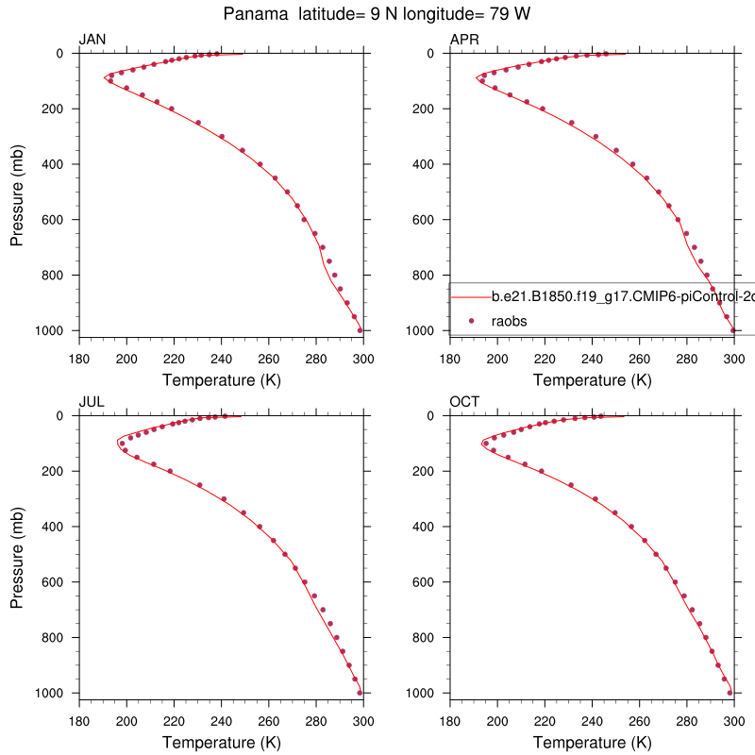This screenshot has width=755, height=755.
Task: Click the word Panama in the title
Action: (252, 14)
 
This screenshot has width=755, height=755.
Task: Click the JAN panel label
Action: (92, 39)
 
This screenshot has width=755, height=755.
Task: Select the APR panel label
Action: (464, 39)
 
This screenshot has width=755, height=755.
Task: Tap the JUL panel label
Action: (92, 401)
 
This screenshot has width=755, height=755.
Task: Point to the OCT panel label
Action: (464, 401)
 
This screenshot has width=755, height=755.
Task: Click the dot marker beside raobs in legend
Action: (470, 321)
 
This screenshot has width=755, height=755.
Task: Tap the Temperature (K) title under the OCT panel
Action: (593, 743)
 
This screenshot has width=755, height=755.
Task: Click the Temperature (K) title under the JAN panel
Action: (221, 380)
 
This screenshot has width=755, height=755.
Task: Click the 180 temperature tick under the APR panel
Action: (450, 358)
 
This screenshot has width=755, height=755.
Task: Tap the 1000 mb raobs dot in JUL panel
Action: (360, 693)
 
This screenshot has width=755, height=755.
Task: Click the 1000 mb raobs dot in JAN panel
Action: (360, 330)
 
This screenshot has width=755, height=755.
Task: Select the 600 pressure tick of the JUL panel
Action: (54, 582)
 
